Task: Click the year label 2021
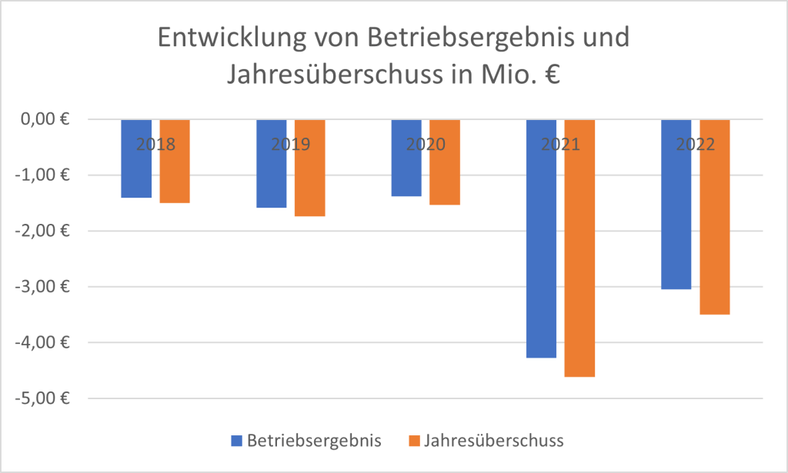[560, 144]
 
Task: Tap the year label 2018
[155, 144]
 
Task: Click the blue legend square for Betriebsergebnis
[236, 441]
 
